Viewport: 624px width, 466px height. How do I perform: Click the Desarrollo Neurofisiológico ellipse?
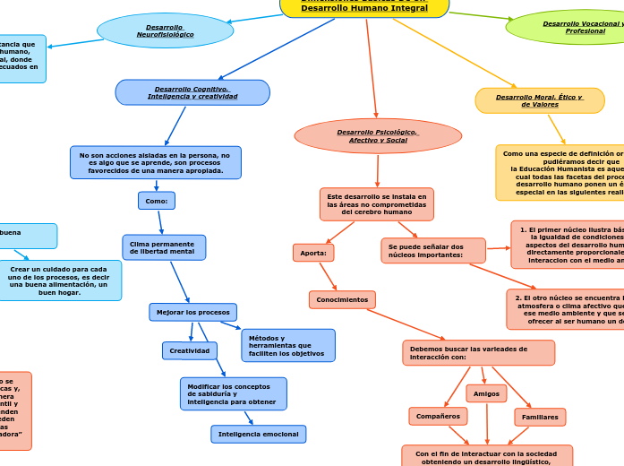point(165,30)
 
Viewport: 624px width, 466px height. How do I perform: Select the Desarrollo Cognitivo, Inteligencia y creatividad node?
point(192,92)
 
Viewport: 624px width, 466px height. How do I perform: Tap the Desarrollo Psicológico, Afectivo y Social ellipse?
point(378,136)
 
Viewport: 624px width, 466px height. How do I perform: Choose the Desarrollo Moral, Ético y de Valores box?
point(539,100)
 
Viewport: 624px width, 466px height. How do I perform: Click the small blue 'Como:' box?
point(156,201)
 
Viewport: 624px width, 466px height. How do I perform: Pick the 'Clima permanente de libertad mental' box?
point(164,247)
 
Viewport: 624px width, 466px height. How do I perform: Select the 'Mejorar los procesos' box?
point(192,312)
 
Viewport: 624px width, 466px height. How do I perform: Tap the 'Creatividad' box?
point(189,350)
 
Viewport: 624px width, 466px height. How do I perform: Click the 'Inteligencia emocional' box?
point(258,434)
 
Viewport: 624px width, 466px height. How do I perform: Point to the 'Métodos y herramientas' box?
point(287,345)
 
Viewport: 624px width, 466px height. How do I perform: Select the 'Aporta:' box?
point(312,253)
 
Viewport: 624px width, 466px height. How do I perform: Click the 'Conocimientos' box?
point(342,299)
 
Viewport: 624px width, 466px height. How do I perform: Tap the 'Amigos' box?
point(486,393)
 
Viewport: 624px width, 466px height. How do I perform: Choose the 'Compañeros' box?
point(438,416)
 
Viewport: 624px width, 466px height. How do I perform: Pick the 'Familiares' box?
point(540,417)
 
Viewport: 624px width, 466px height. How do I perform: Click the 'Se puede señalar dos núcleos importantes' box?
point(432,251)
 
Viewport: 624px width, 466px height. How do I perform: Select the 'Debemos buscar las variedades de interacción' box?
point(478,352)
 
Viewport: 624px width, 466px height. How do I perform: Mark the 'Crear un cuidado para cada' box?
point(60,280)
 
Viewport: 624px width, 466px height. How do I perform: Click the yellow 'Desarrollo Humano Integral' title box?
point(364,7)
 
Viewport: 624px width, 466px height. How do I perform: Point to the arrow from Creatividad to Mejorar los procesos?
point(192,332)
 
